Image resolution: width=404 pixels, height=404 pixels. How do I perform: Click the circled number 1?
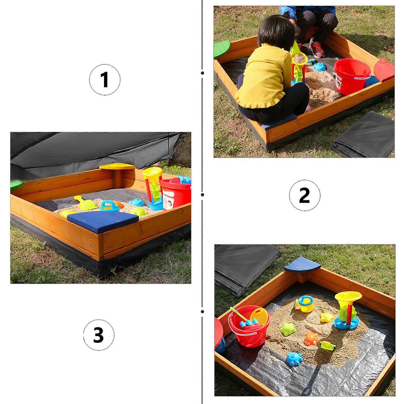(x=105, y=80)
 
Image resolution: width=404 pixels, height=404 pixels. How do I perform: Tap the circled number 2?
(x=305, y=195)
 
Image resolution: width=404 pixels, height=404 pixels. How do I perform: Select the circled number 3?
(x=99, y=335)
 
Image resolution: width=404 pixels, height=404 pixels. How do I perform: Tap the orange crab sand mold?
(x=312, y=339)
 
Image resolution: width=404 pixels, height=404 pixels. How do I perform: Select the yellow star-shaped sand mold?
(x=327, y=317)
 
